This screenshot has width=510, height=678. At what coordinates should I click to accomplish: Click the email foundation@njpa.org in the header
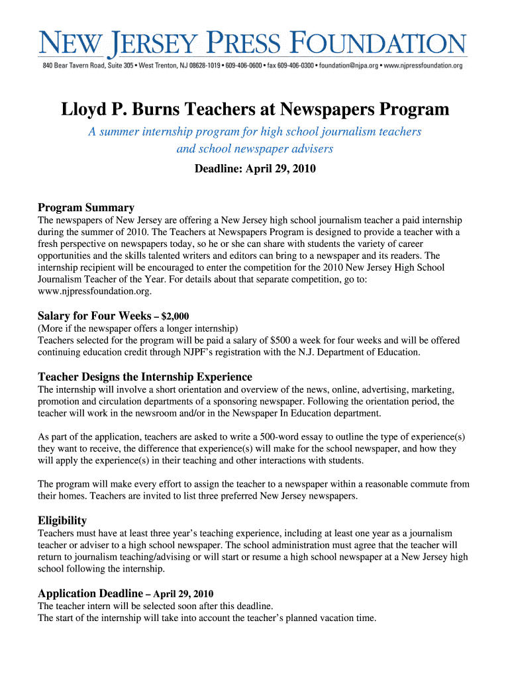coord(348,66)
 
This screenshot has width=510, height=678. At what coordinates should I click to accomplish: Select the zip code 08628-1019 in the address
coord(199,66)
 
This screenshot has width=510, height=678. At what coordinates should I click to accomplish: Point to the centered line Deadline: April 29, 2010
coord(255,169)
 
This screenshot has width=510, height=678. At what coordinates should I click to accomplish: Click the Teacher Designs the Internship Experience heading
coord(145,377)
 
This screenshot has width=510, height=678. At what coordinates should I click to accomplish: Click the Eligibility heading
coord(62,520)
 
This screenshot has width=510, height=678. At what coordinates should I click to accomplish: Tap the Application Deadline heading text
coord(90,593)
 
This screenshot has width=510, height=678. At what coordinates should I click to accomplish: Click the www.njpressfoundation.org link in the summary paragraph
coord(95,291)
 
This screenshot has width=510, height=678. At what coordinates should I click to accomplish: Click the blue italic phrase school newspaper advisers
coord(255,149)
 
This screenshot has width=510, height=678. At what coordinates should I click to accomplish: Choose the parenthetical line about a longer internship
coord(138,328)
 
